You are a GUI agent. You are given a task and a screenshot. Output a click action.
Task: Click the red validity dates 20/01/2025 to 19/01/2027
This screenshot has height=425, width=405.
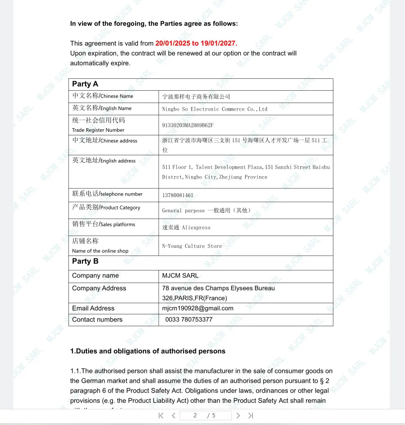point(195,43)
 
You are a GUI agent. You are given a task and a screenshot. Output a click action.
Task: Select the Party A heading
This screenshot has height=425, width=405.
point(85,84)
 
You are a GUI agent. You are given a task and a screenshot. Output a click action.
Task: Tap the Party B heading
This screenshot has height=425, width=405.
point(85,261)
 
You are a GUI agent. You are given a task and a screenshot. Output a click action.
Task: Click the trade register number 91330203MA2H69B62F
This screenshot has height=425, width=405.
point(188,125)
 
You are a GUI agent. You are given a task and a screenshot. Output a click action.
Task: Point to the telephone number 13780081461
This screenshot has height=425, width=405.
point(178,195)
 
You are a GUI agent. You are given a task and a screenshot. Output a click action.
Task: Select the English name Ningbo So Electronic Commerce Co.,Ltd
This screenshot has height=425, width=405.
point(214,109)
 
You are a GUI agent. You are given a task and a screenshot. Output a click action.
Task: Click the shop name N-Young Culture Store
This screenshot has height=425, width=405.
point(192,246)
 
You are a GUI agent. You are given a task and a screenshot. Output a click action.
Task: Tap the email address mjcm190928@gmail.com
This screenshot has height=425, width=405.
point(198,308)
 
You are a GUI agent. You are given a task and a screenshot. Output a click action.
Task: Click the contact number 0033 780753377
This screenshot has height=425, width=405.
point(189,320)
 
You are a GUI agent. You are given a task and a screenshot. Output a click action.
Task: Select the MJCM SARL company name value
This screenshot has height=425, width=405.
point(180,275)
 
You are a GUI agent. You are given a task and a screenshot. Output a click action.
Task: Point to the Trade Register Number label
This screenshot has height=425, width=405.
point(98,130)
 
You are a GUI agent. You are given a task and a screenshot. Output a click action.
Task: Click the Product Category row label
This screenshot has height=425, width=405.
point(106,208)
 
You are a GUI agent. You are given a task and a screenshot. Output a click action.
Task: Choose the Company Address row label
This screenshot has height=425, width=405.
point(99,288)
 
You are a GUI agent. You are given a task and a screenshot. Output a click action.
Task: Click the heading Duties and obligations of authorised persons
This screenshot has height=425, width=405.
point(147,351)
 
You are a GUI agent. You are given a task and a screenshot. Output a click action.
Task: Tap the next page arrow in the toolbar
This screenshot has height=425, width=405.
point(238,416)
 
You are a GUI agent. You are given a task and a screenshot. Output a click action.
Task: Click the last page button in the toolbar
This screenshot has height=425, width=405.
point(251,416)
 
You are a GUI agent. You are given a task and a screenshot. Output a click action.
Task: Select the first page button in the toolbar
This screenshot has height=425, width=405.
point(161,416)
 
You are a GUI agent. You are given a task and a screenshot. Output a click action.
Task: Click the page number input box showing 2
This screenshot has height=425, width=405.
point(195,416)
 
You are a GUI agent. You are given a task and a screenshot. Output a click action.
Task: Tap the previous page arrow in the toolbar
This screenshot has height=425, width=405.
point(174,416)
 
